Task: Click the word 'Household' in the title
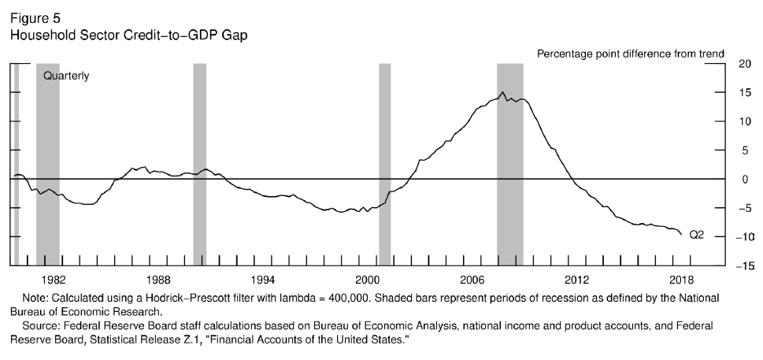tap(38, 35)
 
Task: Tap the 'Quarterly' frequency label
tap(66, 76)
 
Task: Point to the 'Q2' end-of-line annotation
tap(696, 234)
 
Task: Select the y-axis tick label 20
tap(745, 65)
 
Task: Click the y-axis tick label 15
tap(745, 93)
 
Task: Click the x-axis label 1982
tap(53, 280)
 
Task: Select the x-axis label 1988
tap(157, 280)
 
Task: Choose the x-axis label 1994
tap(262, 280)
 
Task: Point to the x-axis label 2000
tap(367, 280)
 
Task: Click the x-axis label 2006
tap(472, 280)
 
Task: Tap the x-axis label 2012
tap(576, 280)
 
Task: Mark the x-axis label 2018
tap(681, 280)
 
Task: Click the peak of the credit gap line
tap(503, 92)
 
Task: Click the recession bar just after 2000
tap(384, 158)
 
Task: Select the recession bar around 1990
tap(199, 158)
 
